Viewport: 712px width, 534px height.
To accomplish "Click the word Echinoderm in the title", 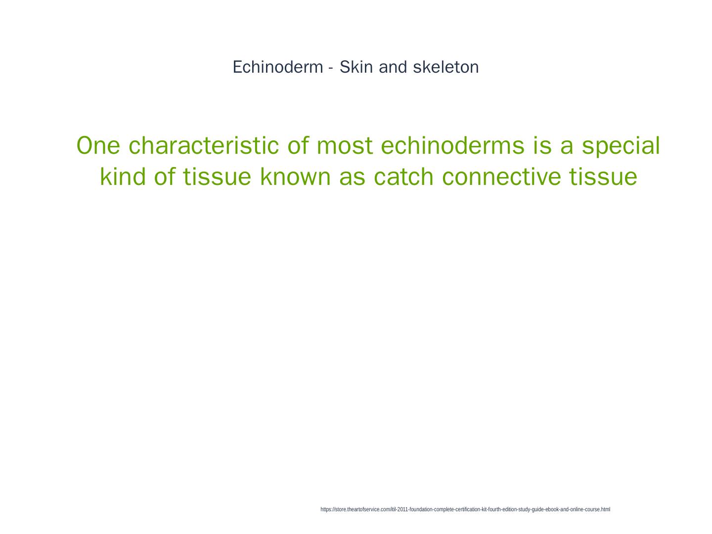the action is [278, 67].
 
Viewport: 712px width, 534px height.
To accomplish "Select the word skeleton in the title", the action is [445, 67].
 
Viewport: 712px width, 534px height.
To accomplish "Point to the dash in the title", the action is [331, 69].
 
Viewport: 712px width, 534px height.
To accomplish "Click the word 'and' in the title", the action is [393, 67].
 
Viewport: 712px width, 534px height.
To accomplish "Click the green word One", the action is [98, 145].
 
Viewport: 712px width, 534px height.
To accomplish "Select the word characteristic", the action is [204, 145].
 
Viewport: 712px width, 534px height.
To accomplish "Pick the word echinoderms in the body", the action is [452, 145].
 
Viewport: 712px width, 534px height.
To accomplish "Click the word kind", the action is [123, 177].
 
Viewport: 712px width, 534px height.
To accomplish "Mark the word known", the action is [295, 177].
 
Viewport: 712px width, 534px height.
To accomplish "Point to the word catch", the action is [404, 177].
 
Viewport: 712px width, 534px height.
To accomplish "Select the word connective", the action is [501, 177].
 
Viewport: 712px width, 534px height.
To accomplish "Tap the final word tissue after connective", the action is [603, 177].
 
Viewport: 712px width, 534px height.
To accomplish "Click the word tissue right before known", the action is [217, 177].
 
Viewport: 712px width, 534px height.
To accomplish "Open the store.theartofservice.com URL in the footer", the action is [465, 509].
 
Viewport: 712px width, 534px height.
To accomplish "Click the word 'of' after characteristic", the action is [298, 145].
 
